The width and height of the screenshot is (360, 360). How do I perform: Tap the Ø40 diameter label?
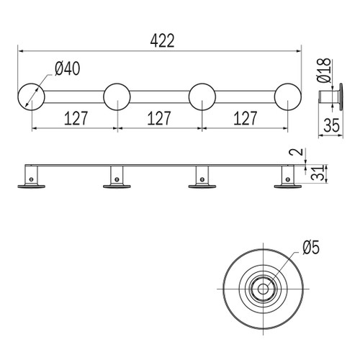pos(66,69)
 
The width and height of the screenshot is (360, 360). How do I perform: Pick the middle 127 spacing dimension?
pos(159,117)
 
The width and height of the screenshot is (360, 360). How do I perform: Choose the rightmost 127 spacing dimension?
pos(244,117)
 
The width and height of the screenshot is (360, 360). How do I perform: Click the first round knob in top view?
pos(31,96)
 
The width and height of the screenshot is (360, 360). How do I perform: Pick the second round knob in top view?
pos(117,96)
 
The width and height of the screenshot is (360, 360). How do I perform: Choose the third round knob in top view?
pos(202,96)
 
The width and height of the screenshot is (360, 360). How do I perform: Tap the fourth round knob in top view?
pos(287,96)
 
